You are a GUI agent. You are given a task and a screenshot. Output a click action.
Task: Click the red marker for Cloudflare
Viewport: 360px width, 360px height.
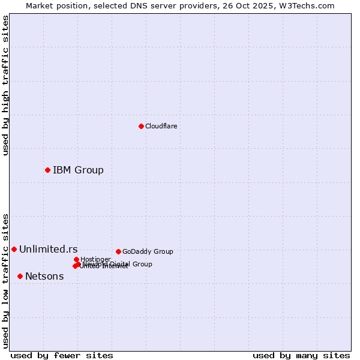[141, 126]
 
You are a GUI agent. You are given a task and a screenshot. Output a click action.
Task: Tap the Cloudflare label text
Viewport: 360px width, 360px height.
[161, 127]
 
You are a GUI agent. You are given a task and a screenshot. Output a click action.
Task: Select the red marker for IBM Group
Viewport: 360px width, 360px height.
[47, 170]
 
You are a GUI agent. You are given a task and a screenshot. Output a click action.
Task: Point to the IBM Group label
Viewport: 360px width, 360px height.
[78, 170]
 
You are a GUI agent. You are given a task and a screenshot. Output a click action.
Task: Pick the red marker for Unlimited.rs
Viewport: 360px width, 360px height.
[14, 249]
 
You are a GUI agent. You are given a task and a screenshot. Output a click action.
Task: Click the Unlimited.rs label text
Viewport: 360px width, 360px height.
[48, 250]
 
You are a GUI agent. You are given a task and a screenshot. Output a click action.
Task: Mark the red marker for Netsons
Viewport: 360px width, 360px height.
[20, 276]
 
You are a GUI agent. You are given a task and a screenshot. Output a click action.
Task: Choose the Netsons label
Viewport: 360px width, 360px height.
[44, 277]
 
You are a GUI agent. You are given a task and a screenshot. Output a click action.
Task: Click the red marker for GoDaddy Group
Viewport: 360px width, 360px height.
[118, 251]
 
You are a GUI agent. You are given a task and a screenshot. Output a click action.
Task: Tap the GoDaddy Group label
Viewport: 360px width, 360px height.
[148, 252]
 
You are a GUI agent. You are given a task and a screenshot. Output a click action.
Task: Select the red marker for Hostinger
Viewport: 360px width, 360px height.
[76, 259]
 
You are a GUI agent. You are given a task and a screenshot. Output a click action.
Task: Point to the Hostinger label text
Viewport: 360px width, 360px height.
[95, 259]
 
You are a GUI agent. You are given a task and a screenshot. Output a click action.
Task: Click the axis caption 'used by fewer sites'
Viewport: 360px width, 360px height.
[62, 355]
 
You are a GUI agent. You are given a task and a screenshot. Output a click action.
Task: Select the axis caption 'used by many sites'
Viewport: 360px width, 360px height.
[301, 355]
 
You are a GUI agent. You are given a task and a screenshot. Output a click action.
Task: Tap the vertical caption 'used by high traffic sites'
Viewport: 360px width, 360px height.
[5, 85]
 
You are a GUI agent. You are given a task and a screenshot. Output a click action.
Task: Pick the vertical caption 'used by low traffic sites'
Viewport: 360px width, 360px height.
[5, 281]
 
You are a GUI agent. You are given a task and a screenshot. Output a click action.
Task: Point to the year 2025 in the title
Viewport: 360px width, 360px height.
[266, 5]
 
